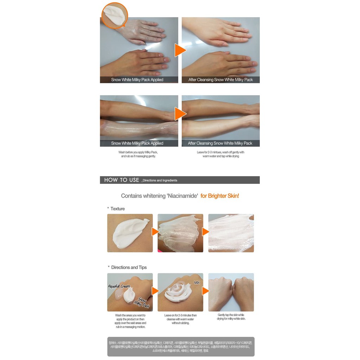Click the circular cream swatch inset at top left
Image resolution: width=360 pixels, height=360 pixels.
coord(115,15)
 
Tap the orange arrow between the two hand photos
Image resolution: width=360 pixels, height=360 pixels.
coord(180,50)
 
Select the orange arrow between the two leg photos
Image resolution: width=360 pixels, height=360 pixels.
coord(180,114)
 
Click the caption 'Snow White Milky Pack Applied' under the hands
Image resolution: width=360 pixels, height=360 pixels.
coord(137,80)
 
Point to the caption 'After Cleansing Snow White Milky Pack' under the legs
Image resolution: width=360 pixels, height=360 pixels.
coord(220,143)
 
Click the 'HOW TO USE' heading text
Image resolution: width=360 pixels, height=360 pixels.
coord(122,180)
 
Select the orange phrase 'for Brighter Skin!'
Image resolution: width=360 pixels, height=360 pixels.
coord(220,196)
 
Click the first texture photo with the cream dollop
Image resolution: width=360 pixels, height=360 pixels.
coord(130,233)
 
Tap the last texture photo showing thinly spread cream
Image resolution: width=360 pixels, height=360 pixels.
coord(231,233)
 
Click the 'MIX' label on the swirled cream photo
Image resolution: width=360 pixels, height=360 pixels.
coord(197,282)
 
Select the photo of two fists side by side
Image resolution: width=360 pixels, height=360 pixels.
coord(231,292)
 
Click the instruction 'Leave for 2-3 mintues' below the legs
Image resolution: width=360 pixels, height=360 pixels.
coord(220,152)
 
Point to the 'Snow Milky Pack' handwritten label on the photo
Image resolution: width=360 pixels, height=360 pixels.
coord(143,302)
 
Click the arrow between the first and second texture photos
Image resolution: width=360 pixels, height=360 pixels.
coord(155,232)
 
